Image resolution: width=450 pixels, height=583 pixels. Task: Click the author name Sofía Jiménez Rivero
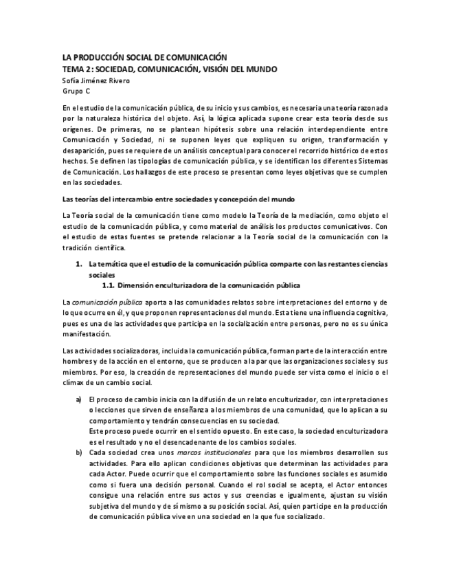pos(96,80)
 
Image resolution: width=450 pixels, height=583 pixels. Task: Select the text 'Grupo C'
pos(76,91)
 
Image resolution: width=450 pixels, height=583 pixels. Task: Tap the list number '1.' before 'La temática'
pos(78,264)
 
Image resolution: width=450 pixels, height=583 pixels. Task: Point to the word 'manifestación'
pos(86,334)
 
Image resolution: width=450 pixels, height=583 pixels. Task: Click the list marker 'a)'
pos(78,400)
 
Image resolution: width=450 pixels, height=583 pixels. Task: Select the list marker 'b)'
pos(78,452)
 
